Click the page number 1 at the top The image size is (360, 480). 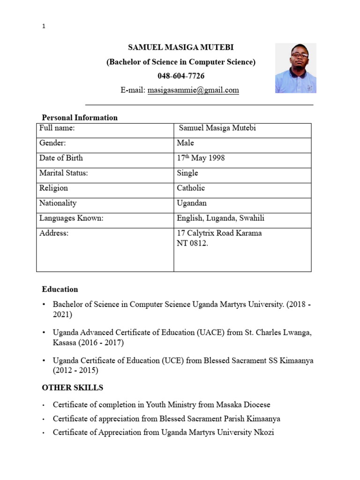[44, 26]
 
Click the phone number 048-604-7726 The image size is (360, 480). [181, 76]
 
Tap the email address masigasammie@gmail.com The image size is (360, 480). [193, 90]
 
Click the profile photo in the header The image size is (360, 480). [295, 68]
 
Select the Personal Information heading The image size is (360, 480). [80, 118]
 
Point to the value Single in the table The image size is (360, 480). [187, 173]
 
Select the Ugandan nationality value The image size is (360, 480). [192, 203]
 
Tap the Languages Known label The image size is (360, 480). [71, 218]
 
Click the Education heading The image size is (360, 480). [60, 289]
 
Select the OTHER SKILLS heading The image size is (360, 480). [73, 388]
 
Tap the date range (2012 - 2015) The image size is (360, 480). [75, 371]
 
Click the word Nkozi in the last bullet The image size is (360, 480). [264, 432]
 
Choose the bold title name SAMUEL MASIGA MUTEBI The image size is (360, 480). [181, 48]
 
